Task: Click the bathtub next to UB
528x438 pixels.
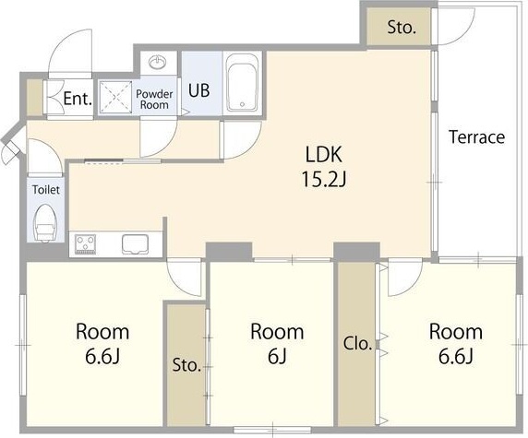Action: click(243, 82)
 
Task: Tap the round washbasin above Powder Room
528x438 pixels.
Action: click(158, 62)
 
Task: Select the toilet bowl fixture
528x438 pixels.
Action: click(45, 223)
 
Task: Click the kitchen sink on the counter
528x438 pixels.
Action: click(136, 243)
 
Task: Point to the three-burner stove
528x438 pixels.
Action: click(86, 244)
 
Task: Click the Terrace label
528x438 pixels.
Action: click(477, 136)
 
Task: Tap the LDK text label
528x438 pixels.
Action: click(324, 155)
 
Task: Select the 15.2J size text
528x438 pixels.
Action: click(324, 179)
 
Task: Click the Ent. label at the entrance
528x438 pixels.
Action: click(78, 99)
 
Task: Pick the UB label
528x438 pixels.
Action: click(199, 90)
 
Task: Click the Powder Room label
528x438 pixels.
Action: click(154, 100)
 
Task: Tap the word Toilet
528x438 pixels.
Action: click(46, 190)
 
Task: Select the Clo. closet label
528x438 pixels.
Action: click(357, 344)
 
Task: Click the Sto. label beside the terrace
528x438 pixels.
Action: click(402, 28)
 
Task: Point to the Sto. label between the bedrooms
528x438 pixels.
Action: click(186, 365)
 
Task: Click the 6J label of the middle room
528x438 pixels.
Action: click(277, 356)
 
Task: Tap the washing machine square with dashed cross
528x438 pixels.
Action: click(115, 97)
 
